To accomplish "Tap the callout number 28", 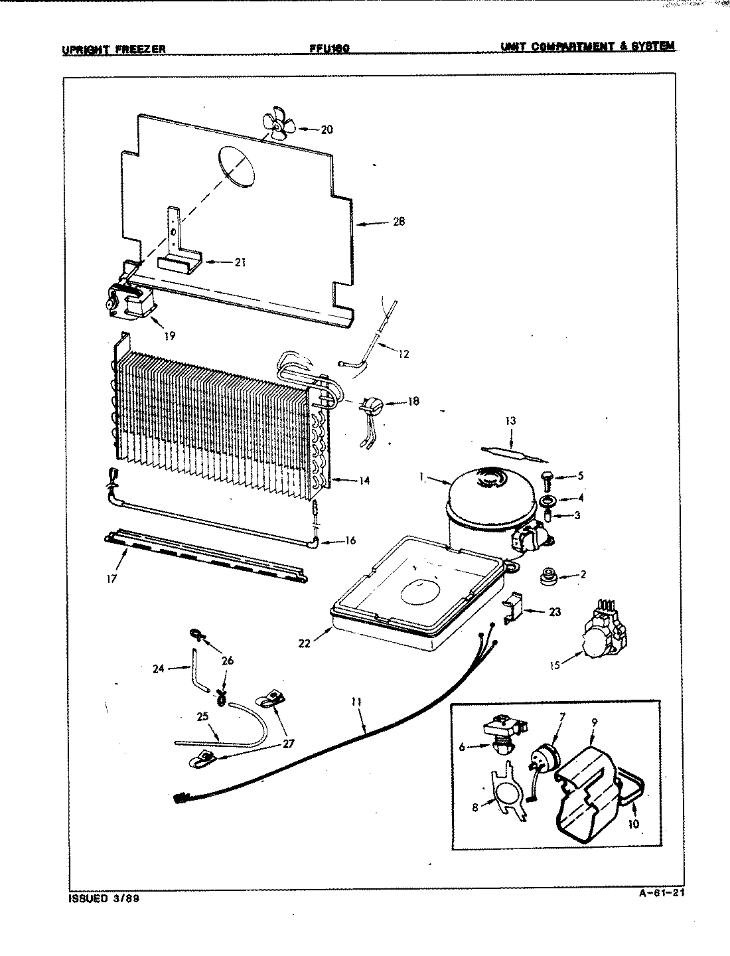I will [x=398, y=222].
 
